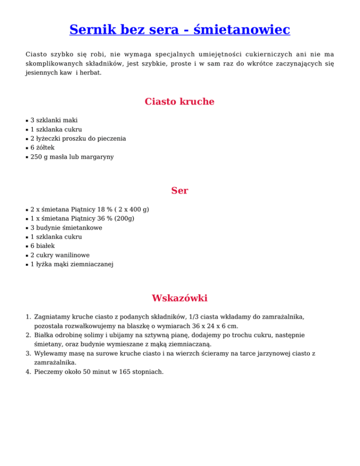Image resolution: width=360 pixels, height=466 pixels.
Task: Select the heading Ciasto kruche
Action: pyautogui.click(x=180, y=102)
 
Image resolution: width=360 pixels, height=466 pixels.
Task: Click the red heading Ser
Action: pyautogui.click(x=180, y=191)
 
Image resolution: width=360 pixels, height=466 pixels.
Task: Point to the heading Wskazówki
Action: pyautogui.click(x=180, y=298)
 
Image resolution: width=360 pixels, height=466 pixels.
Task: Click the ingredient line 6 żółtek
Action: pyautogui.click(x=43, y=148)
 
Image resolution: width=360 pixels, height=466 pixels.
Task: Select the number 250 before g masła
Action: pyautogui.click(x=37, y=157)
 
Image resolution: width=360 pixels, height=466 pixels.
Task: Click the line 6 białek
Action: pyautogui.click(x=43, y=246)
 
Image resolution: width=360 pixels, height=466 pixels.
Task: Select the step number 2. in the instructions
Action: pyautogui.click(x=29, y=336)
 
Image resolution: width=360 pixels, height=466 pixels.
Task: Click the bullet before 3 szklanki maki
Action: pyautogui.click(x=27, y=120)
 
